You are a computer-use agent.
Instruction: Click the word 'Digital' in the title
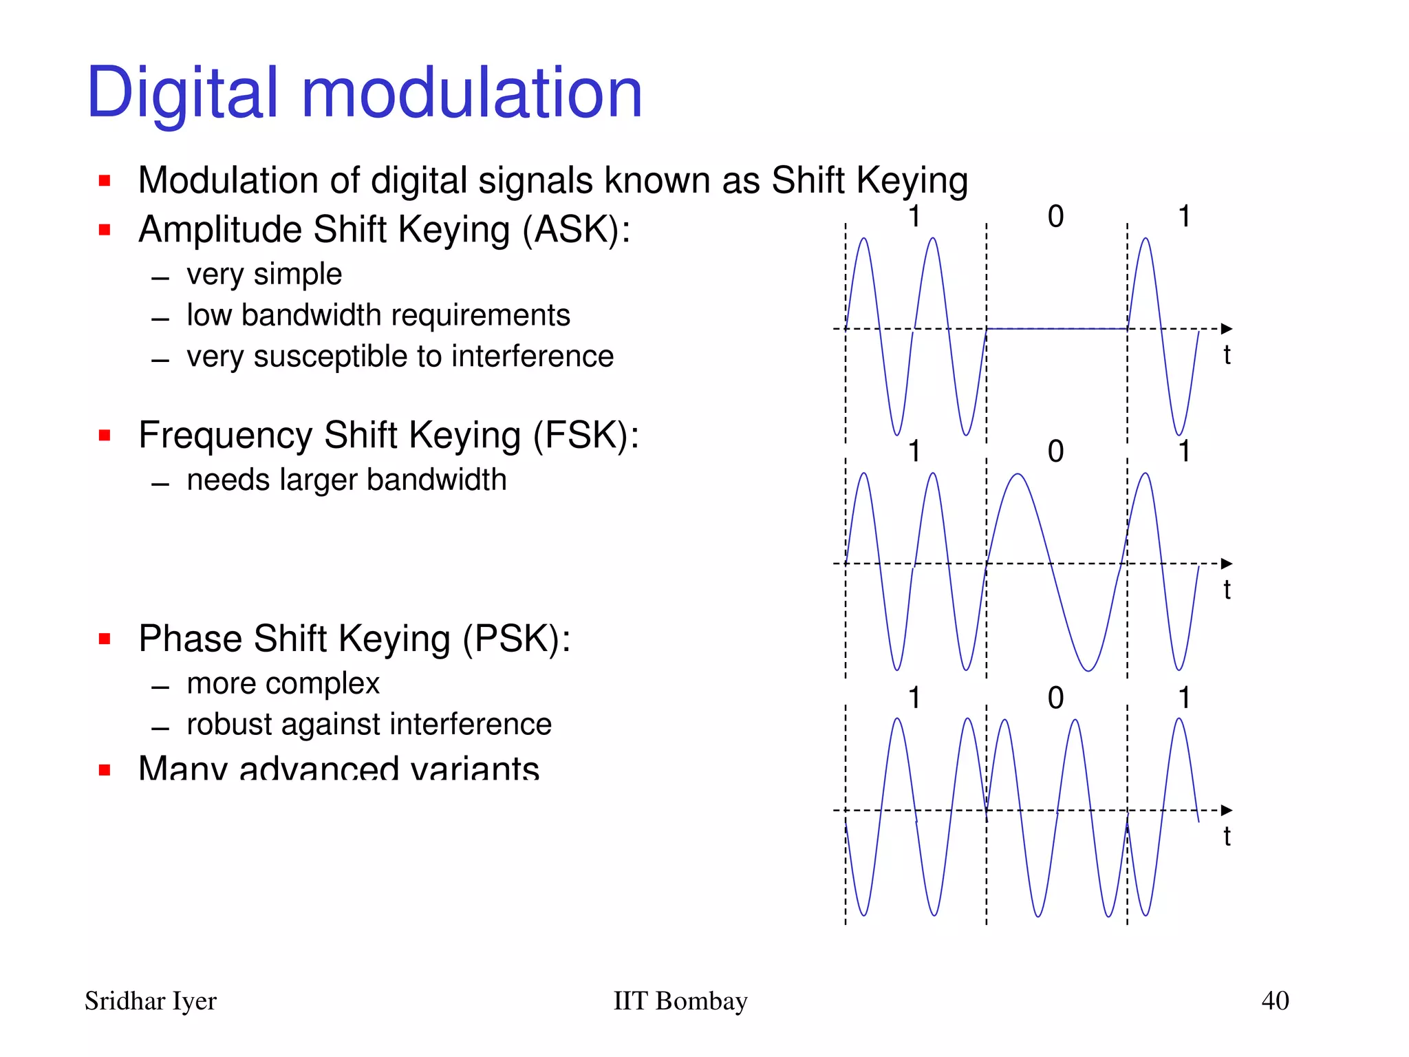[182, 93]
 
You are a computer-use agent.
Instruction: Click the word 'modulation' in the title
[472, 93]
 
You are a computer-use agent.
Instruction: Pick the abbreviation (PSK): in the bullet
[516, 639]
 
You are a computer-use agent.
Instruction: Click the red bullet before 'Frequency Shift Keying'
[105, 435]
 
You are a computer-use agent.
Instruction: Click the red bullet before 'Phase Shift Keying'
[105, 639]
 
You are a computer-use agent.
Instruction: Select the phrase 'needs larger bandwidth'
[346, 480]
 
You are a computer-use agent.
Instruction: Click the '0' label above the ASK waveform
[1055, 217]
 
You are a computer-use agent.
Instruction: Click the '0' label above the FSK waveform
[1055, 451]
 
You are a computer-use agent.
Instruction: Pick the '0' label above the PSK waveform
[1055, 698]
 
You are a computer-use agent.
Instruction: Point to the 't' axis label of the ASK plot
[1227, 355]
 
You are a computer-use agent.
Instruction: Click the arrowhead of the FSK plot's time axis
[1226, 564]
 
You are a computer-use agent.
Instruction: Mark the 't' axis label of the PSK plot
[1227, 836]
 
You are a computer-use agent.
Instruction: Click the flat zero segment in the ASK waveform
[1057, 329]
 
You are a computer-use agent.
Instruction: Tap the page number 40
[1275, 1001]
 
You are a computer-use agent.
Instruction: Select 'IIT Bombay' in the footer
[680, 1001]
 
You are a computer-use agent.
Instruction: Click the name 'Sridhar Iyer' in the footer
[150, 1001]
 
